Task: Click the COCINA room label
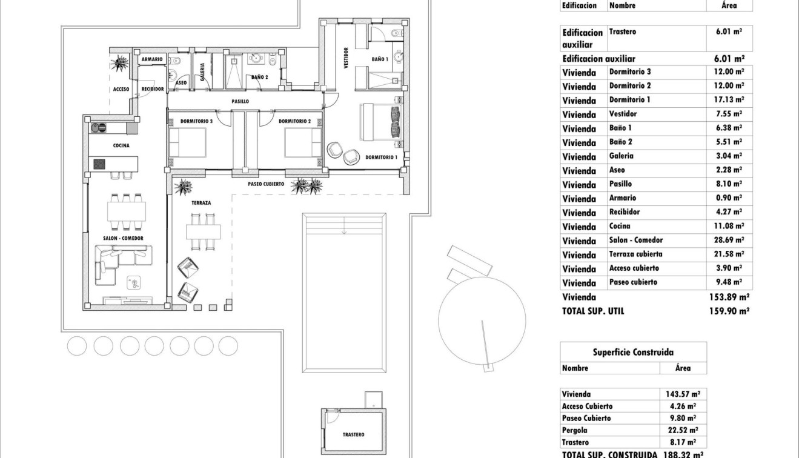(x=121, y=145)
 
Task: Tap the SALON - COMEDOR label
(x=123, y=238)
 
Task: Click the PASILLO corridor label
(x=240, y=102)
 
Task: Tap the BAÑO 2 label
(x=259, y=77)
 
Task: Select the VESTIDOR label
(x=346, y=58)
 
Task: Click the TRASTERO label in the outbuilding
(x=354, y=434)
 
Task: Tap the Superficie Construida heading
(x=632, y=352)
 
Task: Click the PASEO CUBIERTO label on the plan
(x=266, y=184)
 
